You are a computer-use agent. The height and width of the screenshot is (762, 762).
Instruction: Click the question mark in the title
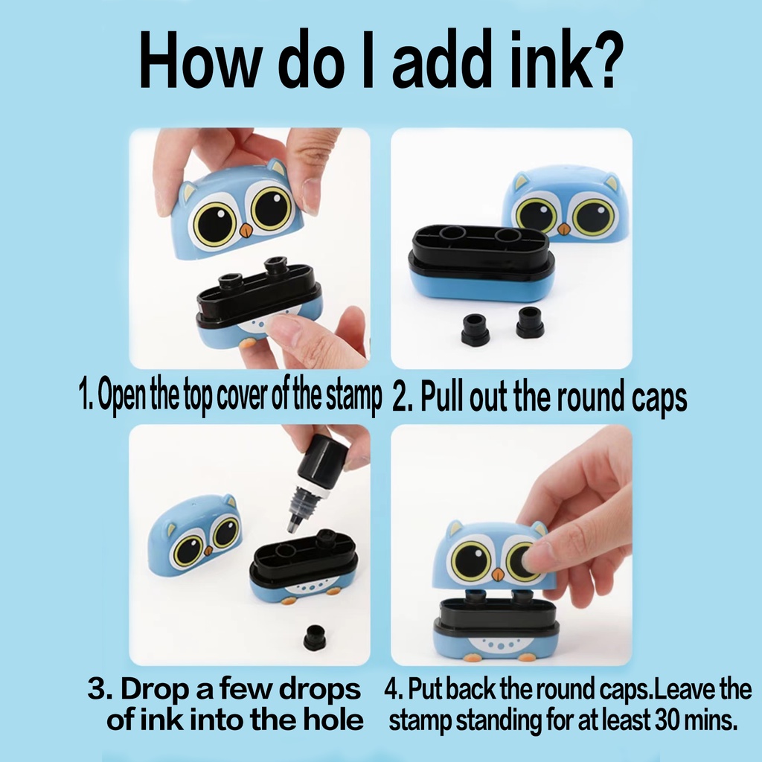[x=603, y=60]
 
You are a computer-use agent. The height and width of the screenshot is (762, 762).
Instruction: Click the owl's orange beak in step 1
[x=246, y=229]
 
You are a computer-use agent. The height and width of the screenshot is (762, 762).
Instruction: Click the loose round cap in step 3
[x=315, y=638]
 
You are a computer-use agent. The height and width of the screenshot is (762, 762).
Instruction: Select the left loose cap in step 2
[x=474, y=330]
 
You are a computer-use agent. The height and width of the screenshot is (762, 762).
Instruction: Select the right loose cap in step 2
[x=530, y=321]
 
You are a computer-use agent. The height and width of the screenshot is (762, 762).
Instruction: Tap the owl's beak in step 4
[x=498, y=574]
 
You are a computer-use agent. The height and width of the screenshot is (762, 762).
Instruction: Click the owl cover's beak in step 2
[x=564, y=228]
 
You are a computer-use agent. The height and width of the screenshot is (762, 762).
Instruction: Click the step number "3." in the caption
[x=100, y=689]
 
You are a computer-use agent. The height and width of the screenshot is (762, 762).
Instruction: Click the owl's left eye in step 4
[x=470, y=561]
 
